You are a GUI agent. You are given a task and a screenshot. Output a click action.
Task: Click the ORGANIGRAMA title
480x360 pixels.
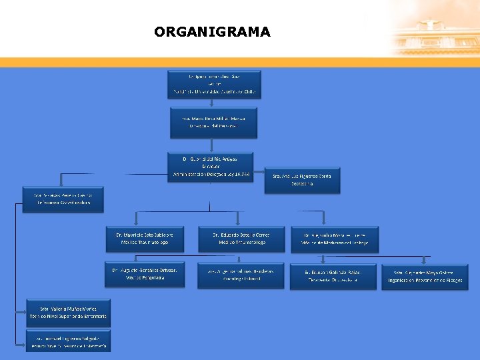pyautogui.click(x=212, y=32)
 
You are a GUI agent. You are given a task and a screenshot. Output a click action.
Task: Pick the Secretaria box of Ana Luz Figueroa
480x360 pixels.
pyautogui.click(x=302, y=179)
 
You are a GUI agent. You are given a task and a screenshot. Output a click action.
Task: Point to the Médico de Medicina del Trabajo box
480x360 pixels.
pyautogui.click(x=334, y=239)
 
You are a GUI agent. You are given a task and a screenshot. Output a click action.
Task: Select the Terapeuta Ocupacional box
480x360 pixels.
pyautogui.click(x=333, y=275)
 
